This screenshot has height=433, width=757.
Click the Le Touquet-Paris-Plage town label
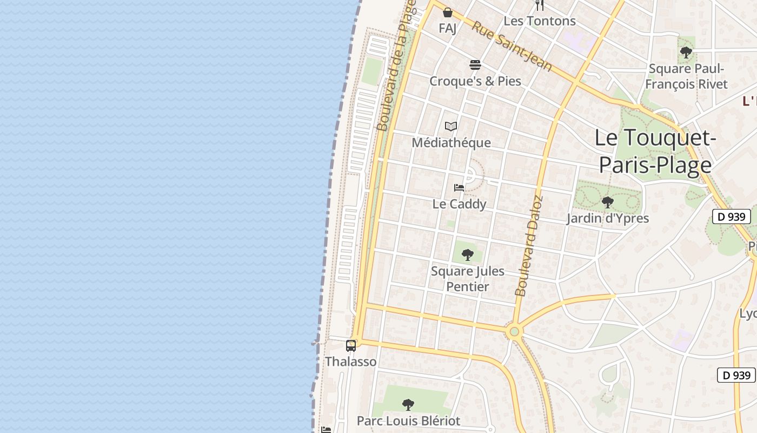coord(655,151)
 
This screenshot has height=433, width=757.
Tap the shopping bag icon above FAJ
coord(448,12)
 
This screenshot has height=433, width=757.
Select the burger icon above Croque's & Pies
coord(475,65)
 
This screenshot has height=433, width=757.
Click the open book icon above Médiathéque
coord(451,127)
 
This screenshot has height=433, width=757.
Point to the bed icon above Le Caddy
coord(459,188)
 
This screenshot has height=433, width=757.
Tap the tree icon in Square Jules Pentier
coord(468,254)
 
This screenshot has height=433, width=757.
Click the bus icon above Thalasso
coord(351,345)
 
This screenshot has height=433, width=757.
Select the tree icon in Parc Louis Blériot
coord(408,404)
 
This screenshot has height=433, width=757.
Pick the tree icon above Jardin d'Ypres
coord(607,202)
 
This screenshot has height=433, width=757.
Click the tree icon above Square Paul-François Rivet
coord(686,53)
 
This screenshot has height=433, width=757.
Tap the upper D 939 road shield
coord(732,216)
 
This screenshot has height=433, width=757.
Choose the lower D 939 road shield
coord(736,375)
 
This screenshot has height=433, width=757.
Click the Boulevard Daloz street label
coord(529,246)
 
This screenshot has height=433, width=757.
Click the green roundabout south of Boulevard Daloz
coord(514,331)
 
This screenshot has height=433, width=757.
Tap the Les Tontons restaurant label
coord(540,21)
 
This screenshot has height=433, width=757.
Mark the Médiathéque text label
coord(451,142)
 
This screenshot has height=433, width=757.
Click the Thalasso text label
coord(351,362)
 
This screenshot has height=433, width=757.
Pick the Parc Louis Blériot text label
coord(408,421)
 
